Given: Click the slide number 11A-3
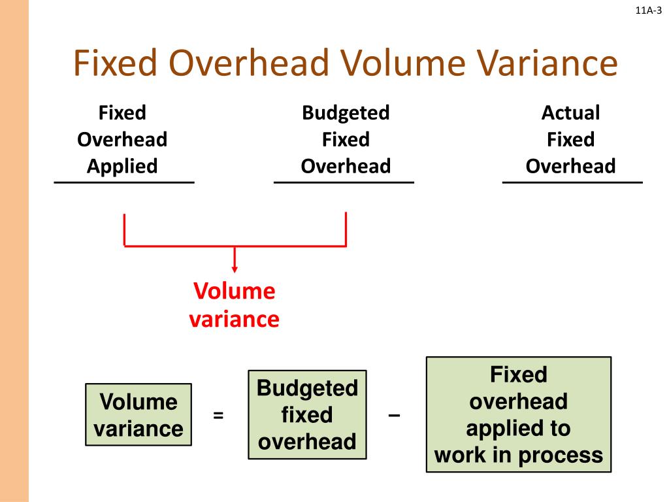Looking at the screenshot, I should (x=648, y=9).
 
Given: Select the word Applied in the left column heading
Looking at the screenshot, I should (x=122, y=166).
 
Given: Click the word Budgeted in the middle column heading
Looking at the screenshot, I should (x=345, y=113).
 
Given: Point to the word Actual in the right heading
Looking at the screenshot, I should (x=570, y=113).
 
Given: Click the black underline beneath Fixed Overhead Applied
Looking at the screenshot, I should (x=123, y=182).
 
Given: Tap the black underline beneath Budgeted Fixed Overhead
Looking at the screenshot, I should (x=344, y=182).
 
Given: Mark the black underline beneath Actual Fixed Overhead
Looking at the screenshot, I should (x=572, y=182).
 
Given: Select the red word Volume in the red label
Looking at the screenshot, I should (x=235, y=292).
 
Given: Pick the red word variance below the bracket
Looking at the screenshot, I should (x=235, y=320).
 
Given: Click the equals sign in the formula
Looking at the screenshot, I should (x=218, y=415).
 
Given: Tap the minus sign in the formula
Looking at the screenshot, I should (x=394, y=415).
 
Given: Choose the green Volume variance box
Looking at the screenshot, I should (x=139, y=415).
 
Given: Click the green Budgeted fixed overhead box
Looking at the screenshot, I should (x=307, y=415).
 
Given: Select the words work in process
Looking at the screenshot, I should (x=519, y=455).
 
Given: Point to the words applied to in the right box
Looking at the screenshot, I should (x=519, y=428).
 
